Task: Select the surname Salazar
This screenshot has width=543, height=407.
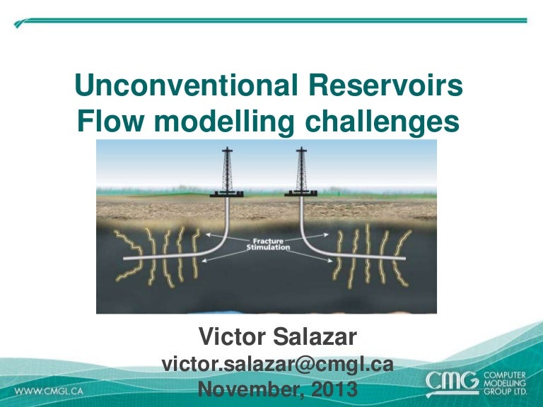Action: (319, 337)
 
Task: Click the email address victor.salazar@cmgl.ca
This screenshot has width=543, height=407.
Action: (277, 364)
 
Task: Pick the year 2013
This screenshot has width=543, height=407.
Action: (330, 388)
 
